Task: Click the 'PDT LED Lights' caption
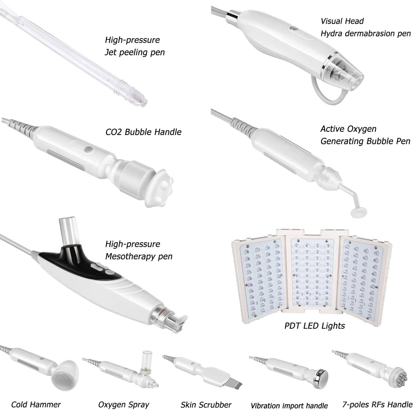314,326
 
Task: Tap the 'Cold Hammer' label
36,404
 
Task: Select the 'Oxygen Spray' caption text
123,405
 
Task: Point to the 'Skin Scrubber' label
206,405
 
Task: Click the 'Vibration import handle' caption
289,406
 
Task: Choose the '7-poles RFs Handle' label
377,404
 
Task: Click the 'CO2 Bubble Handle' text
143,132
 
